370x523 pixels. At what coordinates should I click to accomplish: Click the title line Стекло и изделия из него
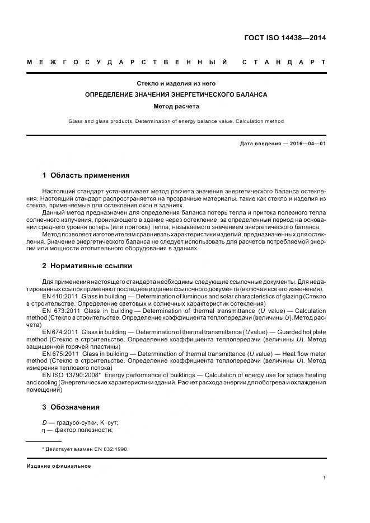176,83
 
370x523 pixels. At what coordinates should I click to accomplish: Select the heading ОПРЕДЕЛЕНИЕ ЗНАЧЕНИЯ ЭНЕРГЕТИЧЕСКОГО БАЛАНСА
176,94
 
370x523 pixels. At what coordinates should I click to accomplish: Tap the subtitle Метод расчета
176,106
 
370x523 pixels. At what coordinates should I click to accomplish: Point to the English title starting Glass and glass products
176,121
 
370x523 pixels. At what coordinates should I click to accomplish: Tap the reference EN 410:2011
60,296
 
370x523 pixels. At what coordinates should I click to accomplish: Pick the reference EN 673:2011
60,310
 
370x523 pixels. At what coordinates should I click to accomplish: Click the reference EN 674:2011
60,332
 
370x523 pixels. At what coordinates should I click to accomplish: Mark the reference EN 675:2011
60,354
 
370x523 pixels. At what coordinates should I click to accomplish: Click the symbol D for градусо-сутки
44,422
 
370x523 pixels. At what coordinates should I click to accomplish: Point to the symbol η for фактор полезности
44,430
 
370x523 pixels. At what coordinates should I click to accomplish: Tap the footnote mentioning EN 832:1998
85,449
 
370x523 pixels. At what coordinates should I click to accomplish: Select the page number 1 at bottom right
324,478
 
